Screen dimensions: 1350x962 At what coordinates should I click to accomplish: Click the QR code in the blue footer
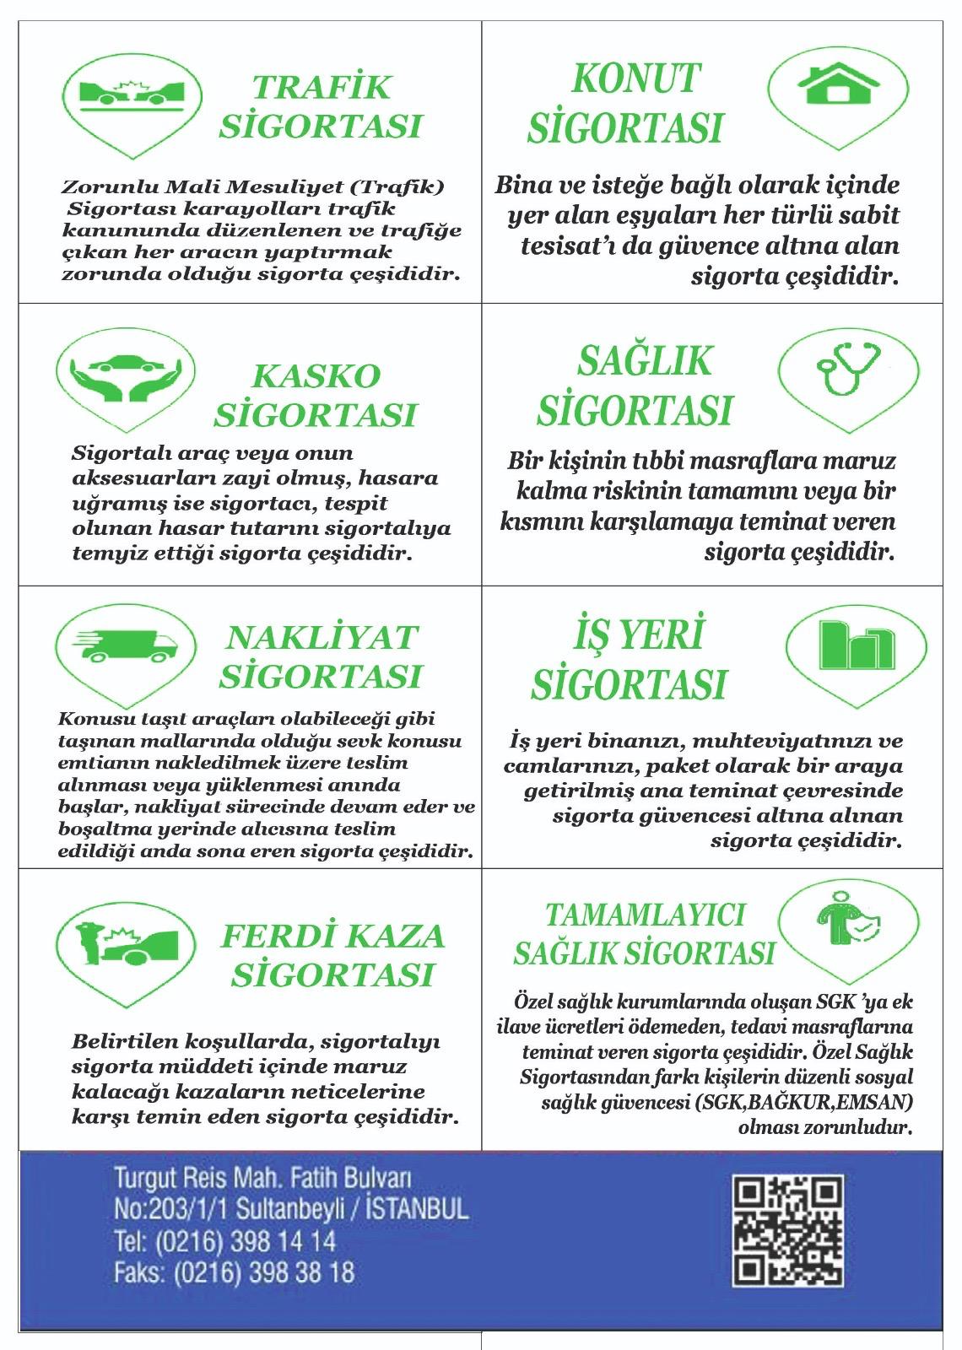click(788, 1231)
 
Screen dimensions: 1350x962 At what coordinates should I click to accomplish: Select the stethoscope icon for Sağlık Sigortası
click(846, 369)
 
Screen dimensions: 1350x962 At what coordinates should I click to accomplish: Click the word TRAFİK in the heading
click(322, 87)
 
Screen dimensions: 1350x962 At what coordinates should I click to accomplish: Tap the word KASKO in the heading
click(316, 375)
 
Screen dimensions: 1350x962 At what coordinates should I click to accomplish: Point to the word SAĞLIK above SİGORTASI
click(645, 361)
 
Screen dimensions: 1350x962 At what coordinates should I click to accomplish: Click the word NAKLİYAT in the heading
click(322, 637)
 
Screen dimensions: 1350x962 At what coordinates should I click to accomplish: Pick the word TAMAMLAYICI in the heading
click(646, 915)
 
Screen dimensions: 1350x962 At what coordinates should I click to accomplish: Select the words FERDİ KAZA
click(332, 936)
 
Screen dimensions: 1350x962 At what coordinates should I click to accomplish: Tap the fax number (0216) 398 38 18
click(263, 1272)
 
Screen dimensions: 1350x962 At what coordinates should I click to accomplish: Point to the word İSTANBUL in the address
click(419, 1209)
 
